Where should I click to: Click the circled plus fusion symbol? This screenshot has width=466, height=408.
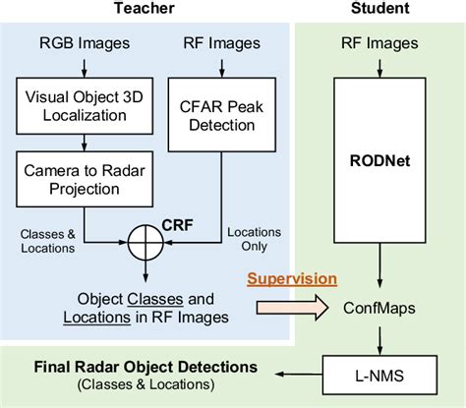coord(146,238)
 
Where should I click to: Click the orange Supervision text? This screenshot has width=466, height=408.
coord(293,278)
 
